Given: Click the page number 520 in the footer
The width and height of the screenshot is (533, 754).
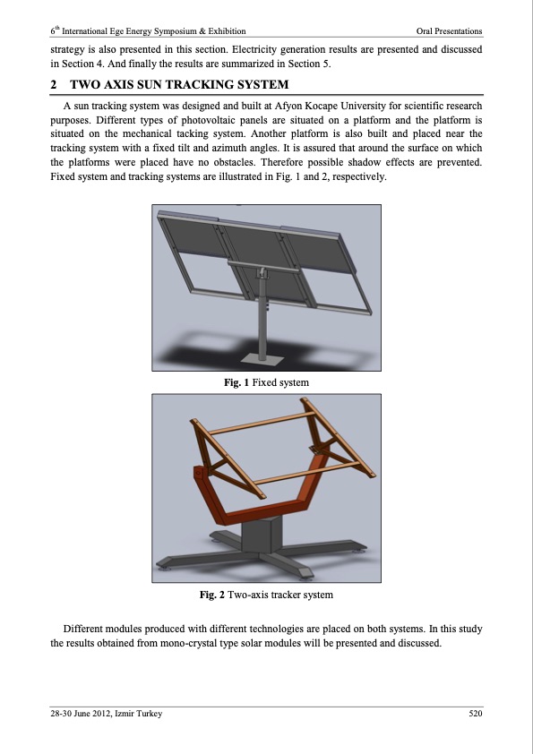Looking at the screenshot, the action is [x=476, y=713].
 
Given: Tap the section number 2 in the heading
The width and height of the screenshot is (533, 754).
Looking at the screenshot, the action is [x=54, y=85].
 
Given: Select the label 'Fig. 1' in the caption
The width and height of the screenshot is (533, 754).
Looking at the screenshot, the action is [x=236, y=382].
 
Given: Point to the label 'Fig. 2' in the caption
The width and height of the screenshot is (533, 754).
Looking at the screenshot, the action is [x=212, y=595].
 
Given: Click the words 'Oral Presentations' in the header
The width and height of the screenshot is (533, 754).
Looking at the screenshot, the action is [x=450, y=31].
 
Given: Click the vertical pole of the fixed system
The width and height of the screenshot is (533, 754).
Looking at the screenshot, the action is [x=262, y=317].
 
